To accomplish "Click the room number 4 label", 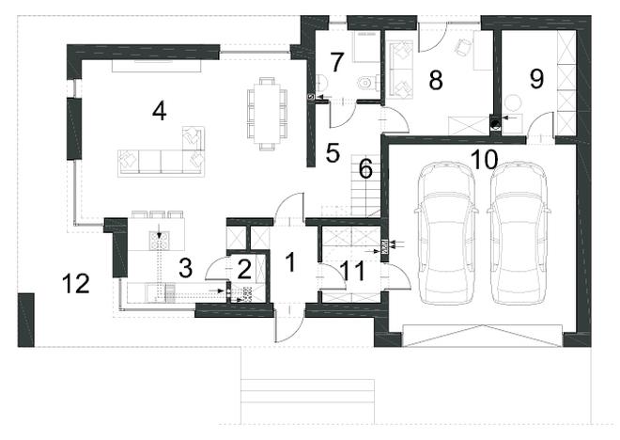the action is [160, 111].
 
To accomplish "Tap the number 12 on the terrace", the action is [76, 284].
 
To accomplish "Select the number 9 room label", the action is [536, 79].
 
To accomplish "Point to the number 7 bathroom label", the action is [336, 62].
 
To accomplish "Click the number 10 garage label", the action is [484, 160].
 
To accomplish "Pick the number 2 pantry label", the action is [244, 270].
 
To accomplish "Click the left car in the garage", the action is [446, 233].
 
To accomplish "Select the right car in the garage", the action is [519, 233].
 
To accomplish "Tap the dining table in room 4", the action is [268, 114].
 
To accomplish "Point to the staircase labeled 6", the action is [365, 185].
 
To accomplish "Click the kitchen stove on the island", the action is [159, 240].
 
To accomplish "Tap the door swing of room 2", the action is [216, 268].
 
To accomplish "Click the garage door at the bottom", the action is [483, 336].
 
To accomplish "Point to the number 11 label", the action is [353, 272].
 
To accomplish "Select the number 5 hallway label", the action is [333, 152].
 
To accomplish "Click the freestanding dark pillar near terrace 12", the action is [26, 320].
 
